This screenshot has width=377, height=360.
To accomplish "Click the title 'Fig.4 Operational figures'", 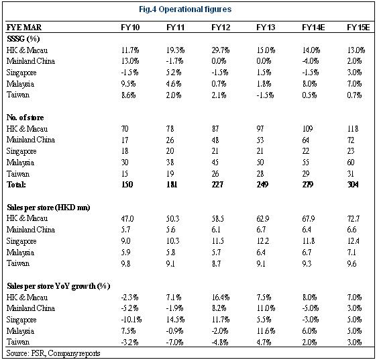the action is (x=185, y=9).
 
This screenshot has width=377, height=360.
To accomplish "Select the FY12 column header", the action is (x=221, y=28).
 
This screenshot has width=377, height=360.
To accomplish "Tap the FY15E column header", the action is (x=358, y=28).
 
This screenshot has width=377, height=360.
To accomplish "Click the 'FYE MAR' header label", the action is (x=23, y=28).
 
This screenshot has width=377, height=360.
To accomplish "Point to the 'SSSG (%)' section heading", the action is (x=23, y=39).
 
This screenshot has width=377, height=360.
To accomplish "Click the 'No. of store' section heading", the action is (x=25, y=118).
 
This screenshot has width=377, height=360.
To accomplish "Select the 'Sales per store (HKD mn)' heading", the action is (x=48, y=208).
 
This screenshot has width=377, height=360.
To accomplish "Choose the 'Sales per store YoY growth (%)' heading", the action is (x=58, y=286).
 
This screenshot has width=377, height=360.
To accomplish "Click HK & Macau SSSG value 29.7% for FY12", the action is (x=221, y=50).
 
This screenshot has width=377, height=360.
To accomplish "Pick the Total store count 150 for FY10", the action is (x=127, y=185).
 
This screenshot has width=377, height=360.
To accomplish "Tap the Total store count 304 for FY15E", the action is (x=353, y=185).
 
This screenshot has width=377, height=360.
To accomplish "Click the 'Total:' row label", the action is (x=16, y=185).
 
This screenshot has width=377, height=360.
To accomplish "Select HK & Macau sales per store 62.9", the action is (x=263, y=219).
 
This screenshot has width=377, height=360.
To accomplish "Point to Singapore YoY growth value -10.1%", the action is (x=131, y=320).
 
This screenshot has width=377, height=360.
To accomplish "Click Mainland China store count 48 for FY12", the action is (x=215, y=140).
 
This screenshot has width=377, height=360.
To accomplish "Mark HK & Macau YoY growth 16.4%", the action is (x=221, y=298).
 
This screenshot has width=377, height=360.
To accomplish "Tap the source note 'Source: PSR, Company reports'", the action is (x=53, y=353).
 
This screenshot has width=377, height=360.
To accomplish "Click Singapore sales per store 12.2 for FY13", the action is (x=263, y=241).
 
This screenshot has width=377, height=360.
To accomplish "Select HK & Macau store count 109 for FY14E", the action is (x=307, y=129).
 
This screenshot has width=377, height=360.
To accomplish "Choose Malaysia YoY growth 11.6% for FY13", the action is (x=266, y=331).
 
